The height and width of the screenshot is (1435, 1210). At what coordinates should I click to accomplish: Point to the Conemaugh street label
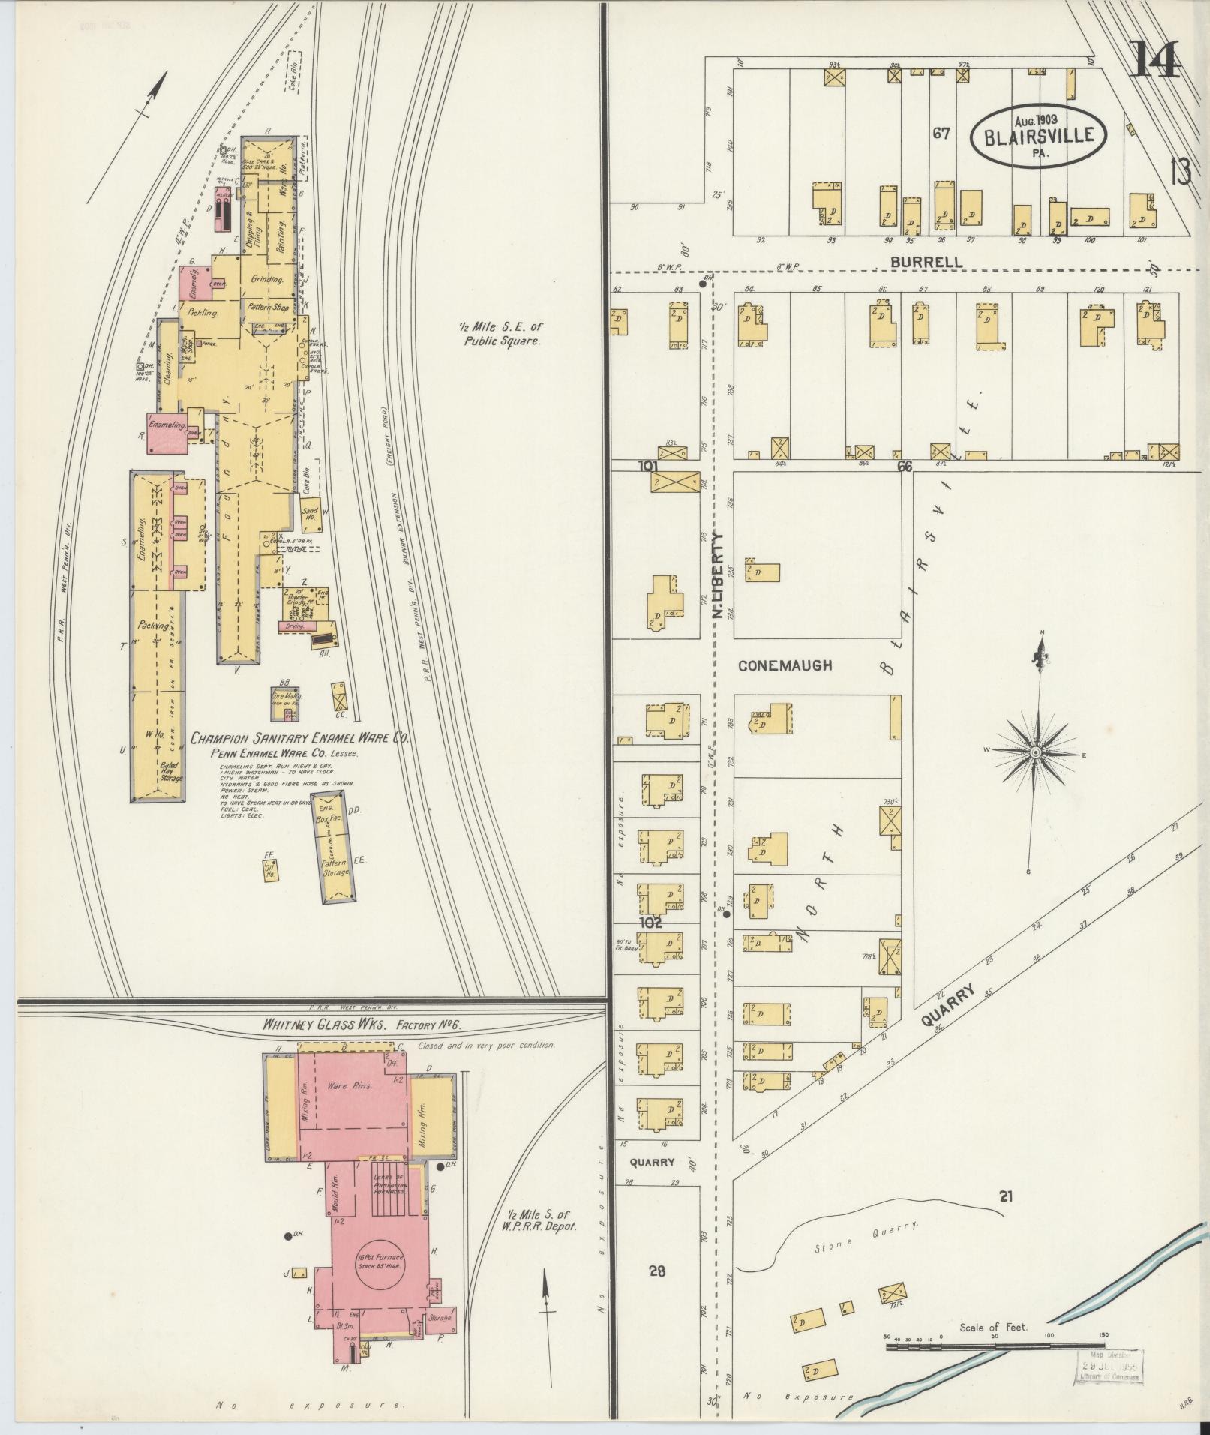[785, 665]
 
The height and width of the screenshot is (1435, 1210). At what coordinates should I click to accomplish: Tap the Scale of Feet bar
[995, 1348]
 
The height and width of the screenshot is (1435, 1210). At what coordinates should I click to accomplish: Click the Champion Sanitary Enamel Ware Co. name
[299, 738]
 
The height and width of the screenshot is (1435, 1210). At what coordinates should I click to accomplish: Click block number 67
[941, 134]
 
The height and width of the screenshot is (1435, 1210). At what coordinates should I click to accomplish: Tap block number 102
[650, 923]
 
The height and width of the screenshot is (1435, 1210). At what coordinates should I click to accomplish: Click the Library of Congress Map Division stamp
[1110, 1364]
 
